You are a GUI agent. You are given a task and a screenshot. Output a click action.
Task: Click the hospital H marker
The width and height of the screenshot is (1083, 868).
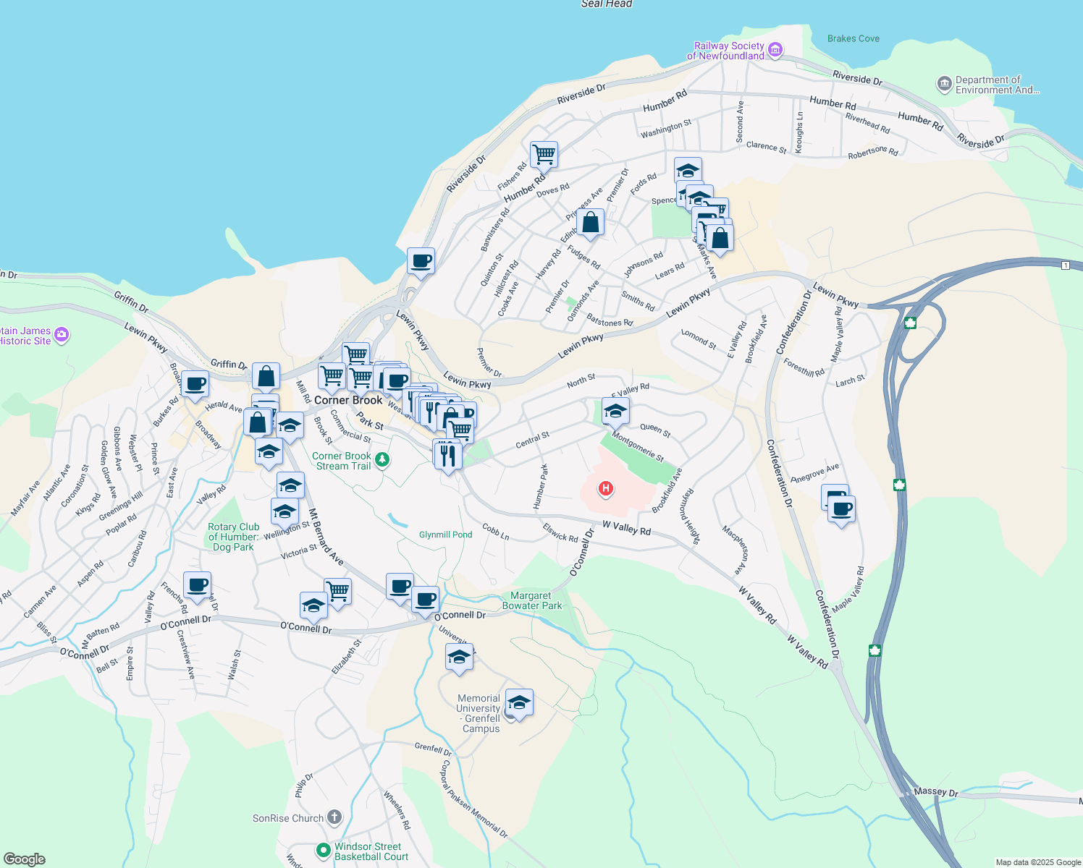[605, 489]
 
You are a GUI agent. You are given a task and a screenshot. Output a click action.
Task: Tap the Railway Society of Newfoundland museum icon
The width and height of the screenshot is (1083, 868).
[775, 50]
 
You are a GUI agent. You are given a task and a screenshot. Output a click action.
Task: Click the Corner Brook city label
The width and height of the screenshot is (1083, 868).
[348, 400]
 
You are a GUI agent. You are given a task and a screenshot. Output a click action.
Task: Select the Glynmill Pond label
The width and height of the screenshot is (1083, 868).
[445, 535]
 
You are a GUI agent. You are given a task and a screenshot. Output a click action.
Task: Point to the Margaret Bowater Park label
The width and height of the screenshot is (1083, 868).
[531, 600]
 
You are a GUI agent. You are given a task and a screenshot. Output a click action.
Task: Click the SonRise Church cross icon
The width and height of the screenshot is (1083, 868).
[334, 818]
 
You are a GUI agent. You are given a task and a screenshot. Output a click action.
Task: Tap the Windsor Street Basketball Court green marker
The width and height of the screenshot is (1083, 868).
[324, 851]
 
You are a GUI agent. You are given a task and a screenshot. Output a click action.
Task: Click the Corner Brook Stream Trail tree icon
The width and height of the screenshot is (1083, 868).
[382, 460]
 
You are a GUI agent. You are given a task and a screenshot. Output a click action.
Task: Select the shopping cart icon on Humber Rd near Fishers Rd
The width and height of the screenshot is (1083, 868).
[544, 154]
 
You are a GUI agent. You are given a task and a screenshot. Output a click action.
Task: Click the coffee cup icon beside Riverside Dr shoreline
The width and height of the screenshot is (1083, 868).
[421, 260]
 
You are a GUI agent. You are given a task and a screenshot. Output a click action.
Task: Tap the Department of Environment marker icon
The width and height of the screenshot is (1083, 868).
[944, 85]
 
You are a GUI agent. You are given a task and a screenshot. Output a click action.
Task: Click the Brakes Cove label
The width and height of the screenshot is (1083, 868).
[854, 38]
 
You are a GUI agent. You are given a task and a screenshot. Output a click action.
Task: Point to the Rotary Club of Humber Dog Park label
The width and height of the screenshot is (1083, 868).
[233, 537]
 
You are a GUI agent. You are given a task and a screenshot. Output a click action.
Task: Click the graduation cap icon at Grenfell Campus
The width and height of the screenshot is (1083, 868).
[519, 702]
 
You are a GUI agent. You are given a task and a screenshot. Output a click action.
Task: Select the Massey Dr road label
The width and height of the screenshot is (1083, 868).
[935, 792]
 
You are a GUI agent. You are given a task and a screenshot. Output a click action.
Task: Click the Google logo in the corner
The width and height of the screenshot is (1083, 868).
[25, 859]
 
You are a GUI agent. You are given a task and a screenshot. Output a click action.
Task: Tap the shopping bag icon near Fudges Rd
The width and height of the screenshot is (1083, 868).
[590, 223]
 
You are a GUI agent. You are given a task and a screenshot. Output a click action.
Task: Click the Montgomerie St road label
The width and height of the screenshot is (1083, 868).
[638, 446]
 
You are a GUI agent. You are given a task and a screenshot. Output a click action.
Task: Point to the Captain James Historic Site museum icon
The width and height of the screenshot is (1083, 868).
[62, 334]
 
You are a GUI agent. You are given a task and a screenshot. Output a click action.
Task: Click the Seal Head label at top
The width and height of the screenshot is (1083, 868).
[607, 4]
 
